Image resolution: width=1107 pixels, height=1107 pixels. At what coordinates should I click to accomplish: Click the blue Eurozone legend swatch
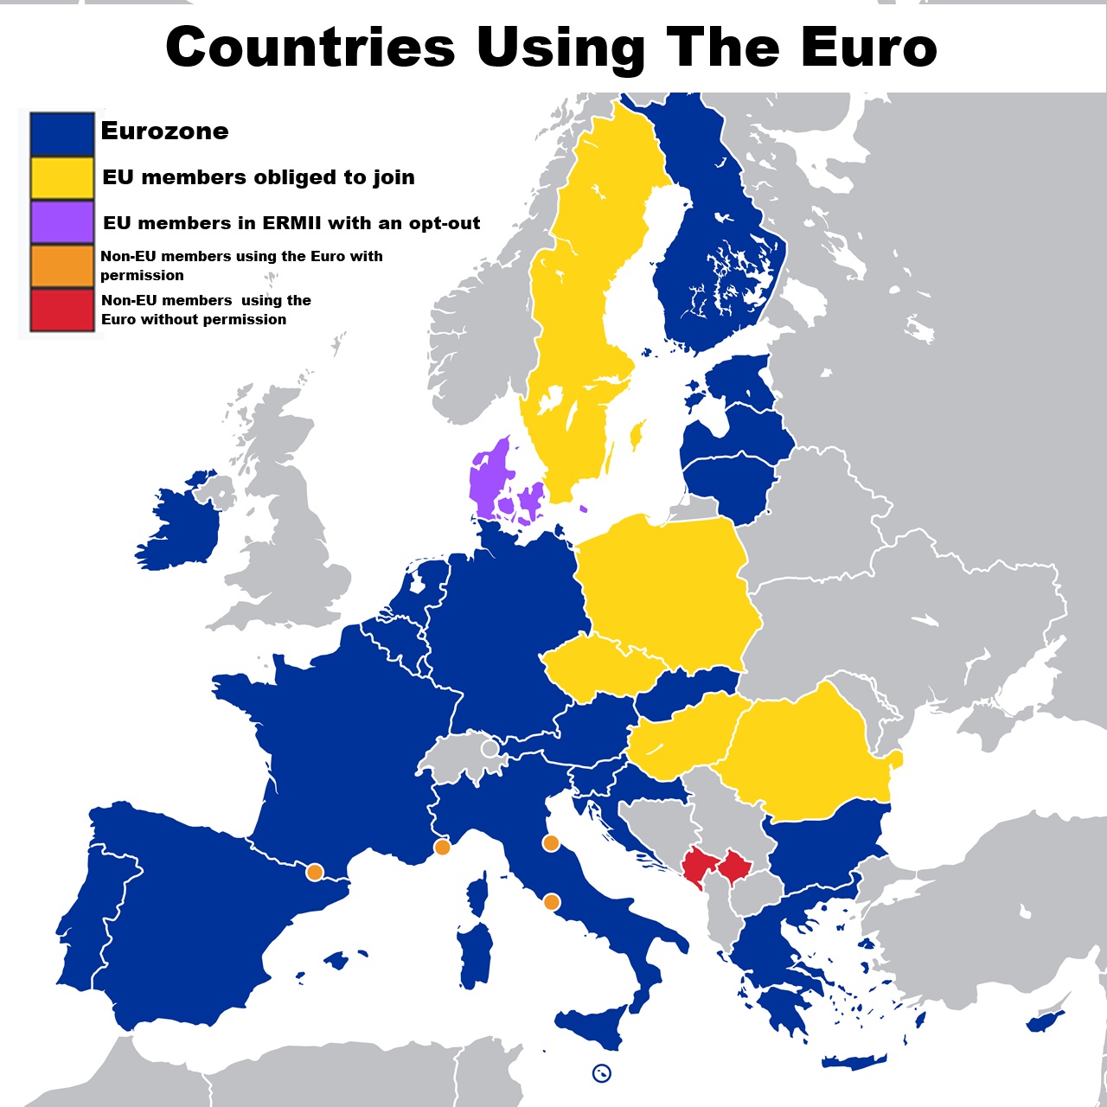coord(61,134)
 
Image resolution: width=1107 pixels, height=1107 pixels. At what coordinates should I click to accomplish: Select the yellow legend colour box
coord(61,178)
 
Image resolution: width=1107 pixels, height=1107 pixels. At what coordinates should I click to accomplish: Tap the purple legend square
coord(61,222)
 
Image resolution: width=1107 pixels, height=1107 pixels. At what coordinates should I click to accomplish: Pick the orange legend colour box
coord(61,266)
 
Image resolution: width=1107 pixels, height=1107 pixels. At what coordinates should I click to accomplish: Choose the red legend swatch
coord(61,310)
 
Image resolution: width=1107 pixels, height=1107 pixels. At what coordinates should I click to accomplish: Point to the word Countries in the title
coord(310,48)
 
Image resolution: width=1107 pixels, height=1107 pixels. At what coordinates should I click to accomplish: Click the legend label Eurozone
coord(164,131)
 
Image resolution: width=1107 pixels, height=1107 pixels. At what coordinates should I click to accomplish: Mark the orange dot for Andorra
coord(315,873)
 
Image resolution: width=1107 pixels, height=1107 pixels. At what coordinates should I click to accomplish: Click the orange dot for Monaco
coord(442,848)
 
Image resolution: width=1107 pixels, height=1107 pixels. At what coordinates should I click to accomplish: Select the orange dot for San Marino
coord(550,843)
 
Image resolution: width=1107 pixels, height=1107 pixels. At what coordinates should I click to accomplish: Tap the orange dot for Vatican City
coord(551,903)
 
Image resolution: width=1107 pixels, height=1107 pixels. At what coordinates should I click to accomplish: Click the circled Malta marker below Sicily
coord(602,1073)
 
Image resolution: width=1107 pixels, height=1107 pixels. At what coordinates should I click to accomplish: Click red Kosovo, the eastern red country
coord(735,866)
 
